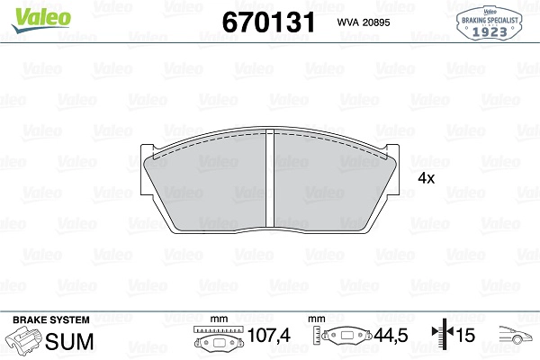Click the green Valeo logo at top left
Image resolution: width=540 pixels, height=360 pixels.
(x=41, y=19)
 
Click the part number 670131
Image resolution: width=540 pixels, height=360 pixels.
(x=268, y=22)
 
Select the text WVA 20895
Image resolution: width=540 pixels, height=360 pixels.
(x=364, y=22)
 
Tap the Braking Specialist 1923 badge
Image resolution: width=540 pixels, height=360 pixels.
(x=489, y=22)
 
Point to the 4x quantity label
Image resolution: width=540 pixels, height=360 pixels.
(x=427, y=178)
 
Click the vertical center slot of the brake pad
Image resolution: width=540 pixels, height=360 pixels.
(x=270, y=178)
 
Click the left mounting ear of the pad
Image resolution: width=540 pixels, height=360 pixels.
(x=147, y=170)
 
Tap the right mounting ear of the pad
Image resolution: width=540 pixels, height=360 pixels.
(x=392, y=170)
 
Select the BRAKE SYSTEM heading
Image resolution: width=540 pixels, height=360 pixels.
(x=51, y=319)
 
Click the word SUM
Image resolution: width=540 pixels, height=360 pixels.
(x=69, y=341)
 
